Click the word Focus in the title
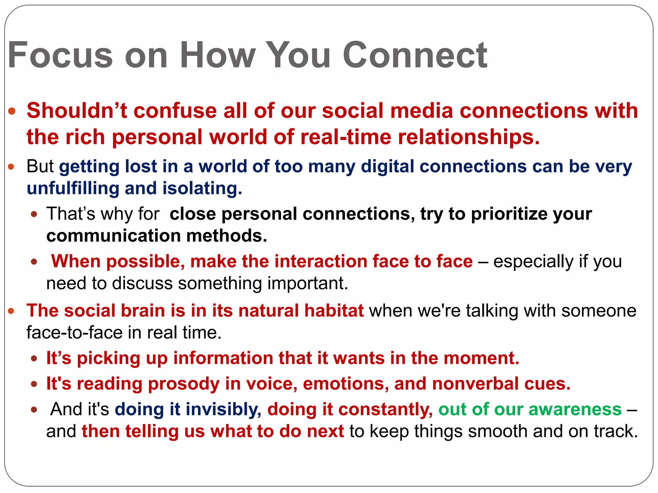60,55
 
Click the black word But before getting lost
40,166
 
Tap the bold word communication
113,236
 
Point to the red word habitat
334,311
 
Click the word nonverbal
475,384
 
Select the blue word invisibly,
223,410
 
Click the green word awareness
575,410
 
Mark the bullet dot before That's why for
34,214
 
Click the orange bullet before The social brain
11,311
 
